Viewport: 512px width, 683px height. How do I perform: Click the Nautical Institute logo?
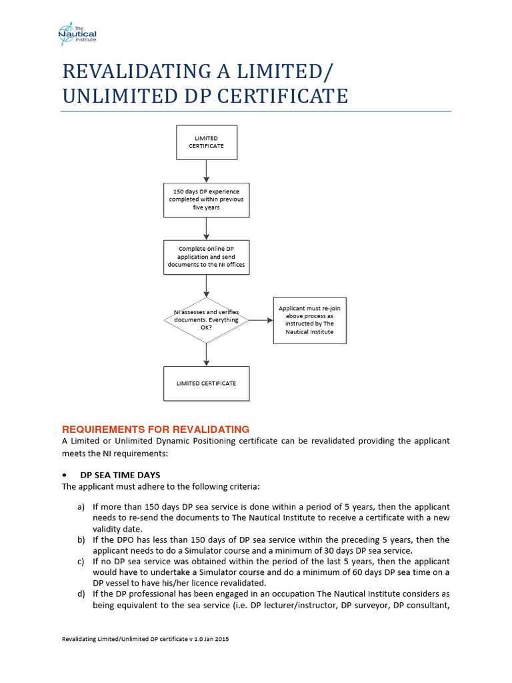point(77,32)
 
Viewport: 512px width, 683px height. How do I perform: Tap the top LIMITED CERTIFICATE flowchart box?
point(206,142)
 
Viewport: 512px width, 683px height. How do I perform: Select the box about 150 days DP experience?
point(206,199)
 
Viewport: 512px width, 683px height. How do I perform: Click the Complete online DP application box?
point(206,257)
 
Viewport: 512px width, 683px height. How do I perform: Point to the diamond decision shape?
point(206,320)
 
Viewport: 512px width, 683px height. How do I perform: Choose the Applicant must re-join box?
point(309,320)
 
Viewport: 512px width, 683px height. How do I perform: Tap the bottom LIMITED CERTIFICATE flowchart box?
point(206,384)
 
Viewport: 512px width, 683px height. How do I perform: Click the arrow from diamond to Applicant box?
point(261,320)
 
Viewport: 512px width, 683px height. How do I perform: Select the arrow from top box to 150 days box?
point(206,171)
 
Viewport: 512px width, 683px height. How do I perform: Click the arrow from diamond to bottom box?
point(206,355)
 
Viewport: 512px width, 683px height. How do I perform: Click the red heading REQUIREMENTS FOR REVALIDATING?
point(155,429)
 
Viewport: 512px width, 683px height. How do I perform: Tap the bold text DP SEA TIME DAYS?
point(120,475)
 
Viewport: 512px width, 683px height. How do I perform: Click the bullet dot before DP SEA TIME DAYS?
point(65,475)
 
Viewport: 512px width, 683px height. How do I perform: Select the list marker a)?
point(81,508)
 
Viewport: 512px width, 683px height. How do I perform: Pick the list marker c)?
point(81,561)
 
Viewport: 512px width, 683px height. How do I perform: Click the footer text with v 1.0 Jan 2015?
point(145,639)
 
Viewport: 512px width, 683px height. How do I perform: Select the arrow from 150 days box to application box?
point(206,228)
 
